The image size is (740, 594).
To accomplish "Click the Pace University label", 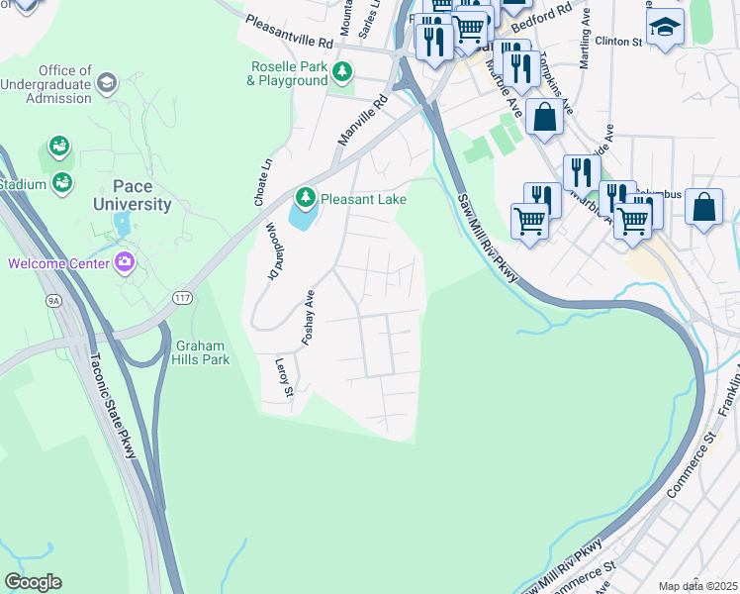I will click(133, 196).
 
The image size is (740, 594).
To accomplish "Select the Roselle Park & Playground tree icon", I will click(342, 71).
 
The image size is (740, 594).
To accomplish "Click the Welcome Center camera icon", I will click(125, 262).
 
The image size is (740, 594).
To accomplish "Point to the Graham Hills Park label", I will click(203, 352).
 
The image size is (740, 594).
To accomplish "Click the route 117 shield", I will click(181, 297).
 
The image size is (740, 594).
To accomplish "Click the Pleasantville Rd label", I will click(290, 32).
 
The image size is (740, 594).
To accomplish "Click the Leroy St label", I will click(284, 378).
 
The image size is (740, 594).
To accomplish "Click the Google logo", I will click(33, 582).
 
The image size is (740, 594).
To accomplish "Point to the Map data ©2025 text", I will click(697, 586).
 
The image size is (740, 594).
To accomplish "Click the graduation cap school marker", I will click(665, 28).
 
